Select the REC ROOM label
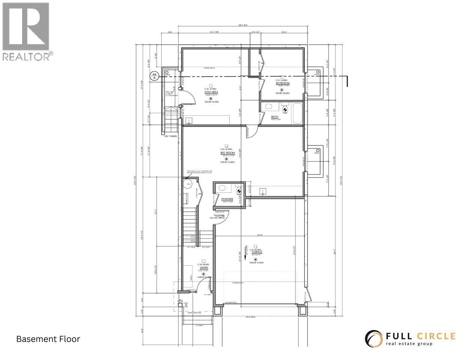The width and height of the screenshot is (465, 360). click(227, 153)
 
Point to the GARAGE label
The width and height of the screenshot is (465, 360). click(256, 253)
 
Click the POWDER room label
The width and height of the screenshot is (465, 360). click(227, 199)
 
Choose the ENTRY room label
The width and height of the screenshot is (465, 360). click(204, 268)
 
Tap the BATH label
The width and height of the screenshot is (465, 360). click(275, 117)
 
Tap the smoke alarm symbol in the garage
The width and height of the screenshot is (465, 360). click(255, 259)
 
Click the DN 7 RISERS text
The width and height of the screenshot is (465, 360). click(171, 136)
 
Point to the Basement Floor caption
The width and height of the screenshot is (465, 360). click(48, 339)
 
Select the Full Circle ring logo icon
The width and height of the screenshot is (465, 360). click(373, 338)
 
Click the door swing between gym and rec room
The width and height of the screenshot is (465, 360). click(252, 132)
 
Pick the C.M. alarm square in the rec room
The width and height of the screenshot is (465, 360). click(226, 145)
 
